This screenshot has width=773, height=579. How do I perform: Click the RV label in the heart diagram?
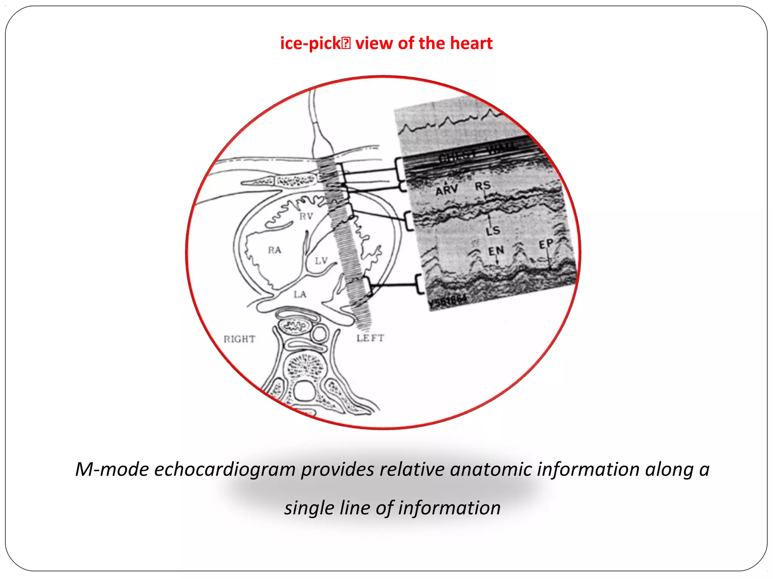click(x=306, y=216)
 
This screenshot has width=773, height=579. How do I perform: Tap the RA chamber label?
click(x=274, y=250)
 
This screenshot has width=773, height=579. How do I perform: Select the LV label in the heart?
click(x=321, y=260)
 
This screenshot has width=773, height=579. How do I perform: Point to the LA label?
click(x=300, y=294)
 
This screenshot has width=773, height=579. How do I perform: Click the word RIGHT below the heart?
click(x=239, y=339)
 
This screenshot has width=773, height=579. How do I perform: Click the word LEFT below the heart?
click(x=370, y=338)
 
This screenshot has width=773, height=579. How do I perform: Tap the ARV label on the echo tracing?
click(x=447, y=190)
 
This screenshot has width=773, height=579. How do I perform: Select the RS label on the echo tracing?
click(x=482, y=186)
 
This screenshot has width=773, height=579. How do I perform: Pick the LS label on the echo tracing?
click(x=493, y=230)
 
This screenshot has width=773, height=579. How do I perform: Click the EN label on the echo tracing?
click(x=496, y=251)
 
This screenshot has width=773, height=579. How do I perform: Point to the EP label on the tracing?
click(x=546, y=244)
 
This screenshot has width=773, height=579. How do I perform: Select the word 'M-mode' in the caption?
click(x=112, y=469)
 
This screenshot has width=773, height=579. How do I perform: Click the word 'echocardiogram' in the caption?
click(x=224, y=470)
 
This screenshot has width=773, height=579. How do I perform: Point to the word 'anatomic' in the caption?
click(x=491, y=469)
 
